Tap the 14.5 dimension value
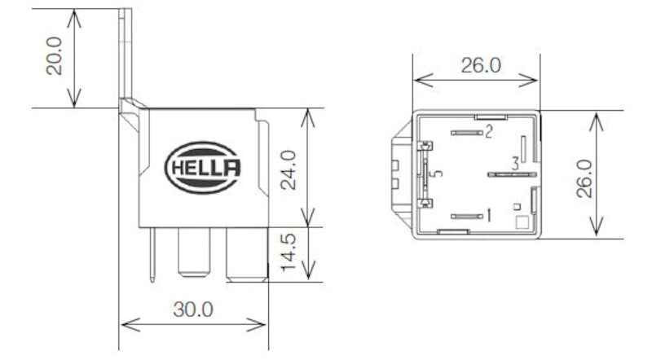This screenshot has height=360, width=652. point(287,254)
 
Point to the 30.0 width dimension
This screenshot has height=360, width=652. point(193,310)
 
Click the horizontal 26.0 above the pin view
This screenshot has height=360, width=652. point(480,66)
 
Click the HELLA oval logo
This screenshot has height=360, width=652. point(204,167)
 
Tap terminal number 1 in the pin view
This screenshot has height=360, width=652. point(488,216)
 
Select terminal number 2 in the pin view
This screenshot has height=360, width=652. point(489,132)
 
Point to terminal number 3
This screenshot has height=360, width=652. point(515,164)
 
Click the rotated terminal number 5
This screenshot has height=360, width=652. point(438,174)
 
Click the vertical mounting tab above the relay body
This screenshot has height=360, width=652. point(127,53)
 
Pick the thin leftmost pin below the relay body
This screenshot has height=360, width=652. point(152,255)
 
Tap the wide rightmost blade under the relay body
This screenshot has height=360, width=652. point(247,253)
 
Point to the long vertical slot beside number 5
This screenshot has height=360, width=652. point(424,174)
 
